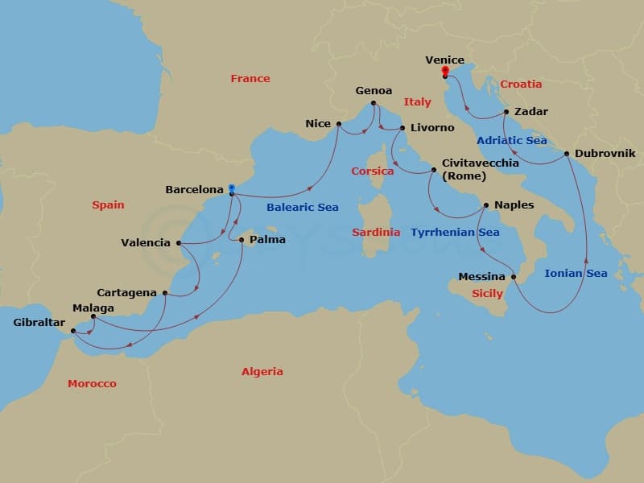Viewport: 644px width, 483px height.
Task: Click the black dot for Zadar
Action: pyautogui.click(x=506, y=112)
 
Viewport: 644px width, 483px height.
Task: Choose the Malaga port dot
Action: pyautogui.click(x=93, y=316)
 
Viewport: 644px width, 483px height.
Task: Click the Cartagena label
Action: pyautogui.click(x=126, y=293)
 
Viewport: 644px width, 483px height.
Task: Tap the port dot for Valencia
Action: pyautogui.click(x=177, y=243)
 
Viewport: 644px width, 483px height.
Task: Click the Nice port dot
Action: pyautogui.click(x=338, y=124)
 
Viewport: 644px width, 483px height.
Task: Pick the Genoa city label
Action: pyautogui.click(x=374, y=91)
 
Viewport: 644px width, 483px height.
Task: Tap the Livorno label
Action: pyautogui.click(x=432, y=128)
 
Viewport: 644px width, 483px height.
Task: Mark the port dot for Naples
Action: pyautogui.click(x=485, y=205)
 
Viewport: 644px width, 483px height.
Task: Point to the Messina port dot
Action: pyautogui.click(x=514, y=277)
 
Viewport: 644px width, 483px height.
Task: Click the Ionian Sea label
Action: pyautogui.click(x=576, y=274)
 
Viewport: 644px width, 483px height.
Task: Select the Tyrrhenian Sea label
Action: pyautogui.click(x=455, y=233)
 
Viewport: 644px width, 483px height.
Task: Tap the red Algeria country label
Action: pyautogui.click(x=262, y=372)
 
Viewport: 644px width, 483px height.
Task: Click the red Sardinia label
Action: pyautogui.click(x=376, y=233)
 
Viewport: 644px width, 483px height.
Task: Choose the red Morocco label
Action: pyautogui.click(x=92, y=384)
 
